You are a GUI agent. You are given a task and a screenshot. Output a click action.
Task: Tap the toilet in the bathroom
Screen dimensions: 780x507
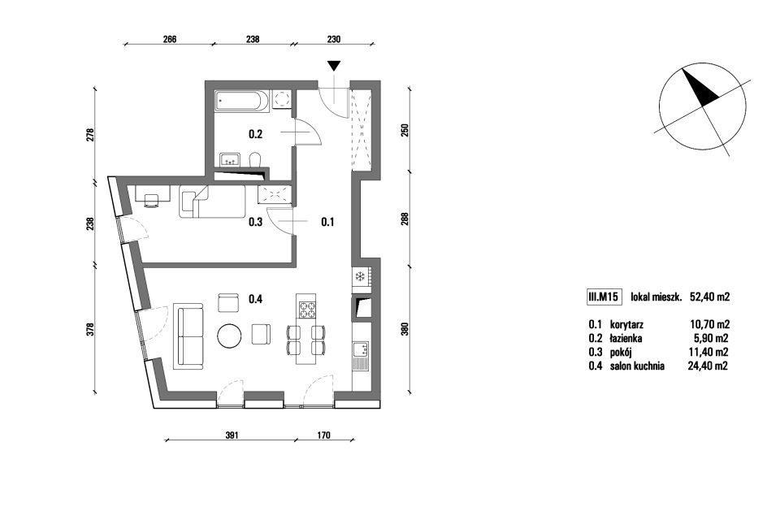[254, 160]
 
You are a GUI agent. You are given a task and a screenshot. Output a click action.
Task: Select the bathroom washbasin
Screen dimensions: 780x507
[230, 160]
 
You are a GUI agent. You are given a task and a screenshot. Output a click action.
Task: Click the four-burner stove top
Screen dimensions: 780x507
[306, 309]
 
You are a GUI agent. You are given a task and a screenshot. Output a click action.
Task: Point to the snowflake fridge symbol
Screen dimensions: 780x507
[360, 276]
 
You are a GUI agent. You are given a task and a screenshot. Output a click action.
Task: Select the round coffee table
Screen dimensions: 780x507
[230, 336]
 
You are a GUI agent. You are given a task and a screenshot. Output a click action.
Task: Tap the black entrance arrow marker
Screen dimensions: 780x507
[334, 66]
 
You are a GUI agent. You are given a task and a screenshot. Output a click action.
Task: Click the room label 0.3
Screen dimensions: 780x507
[256, 222]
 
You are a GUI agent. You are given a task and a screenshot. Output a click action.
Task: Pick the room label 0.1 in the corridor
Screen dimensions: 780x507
[327, 222]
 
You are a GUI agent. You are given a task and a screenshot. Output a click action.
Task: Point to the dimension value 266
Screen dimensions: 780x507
[170, 39]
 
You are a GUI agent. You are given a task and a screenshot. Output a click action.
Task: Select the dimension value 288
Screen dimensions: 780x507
[405, 220]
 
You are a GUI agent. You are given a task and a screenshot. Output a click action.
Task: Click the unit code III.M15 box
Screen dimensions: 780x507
[603, 297]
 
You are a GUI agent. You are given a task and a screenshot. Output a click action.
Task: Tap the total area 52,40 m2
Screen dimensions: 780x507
[709, 297]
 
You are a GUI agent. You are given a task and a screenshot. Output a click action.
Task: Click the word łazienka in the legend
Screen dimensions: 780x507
[626, 339]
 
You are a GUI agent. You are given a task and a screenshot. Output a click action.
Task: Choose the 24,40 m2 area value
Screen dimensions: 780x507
[708, 366]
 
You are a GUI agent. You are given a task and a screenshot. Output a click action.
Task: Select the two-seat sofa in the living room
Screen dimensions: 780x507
[188, 336]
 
